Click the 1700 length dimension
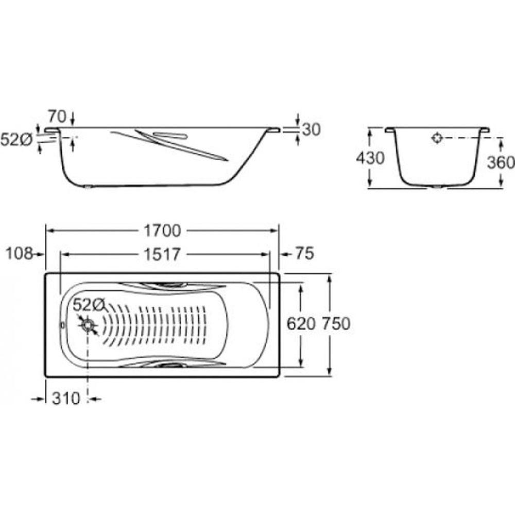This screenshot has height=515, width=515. pyautogui.click(x=162, y=231)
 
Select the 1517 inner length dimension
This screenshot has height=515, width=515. pyautogui.click(x=162, y=254)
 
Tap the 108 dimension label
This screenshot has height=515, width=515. pyautogui.click(x=20, y=253)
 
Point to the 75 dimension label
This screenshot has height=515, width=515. pyautogui.click(x=305, y=253)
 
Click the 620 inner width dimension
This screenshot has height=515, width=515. pyautogui.click(x=301, y=324)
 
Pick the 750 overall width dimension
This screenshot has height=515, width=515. pyautogui.click(x=336, y=324)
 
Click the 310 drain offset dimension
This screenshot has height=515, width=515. pyautogui.click(x=66, y=399)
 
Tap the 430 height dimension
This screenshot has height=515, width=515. pyautogui.click(x=370, y=158)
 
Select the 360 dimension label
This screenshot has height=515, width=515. pyautogui.click(x=501, y=162)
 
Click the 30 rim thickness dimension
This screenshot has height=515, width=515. pyautogui.click(x=312, y=130)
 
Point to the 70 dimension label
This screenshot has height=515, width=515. pyautogui.click(x=57, y=116)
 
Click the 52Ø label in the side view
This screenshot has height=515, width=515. pyautogui.click(x=16, y=140)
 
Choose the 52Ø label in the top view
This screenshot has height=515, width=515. pyautogui.click(x=89, y=305)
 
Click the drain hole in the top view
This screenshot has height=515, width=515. pyautogui.click(x=88, y=325)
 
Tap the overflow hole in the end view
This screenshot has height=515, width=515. pyautogui.click(x=437, y=138)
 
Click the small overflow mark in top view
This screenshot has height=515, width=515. pyautogui.click(x=63, y=325)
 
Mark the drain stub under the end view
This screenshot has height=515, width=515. pyautogui.click(x=437, y=187)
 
